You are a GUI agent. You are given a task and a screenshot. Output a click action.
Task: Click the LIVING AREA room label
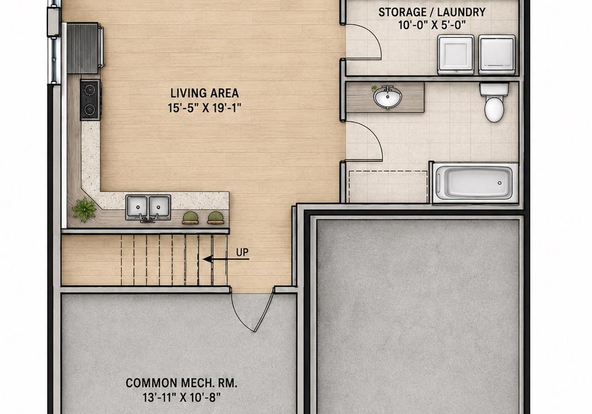click(204, 93)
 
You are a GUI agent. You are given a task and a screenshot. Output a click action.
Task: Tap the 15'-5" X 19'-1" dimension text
click(204, 108)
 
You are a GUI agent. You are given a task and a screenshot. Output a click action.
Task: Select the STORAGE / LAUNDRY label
click(432, 12)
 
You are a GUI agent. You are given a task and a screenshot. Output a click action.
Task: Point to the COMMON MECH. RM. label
click(181, 383)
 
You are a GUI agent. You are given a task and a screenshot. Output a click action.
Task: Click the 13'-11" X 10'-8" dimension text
click(181, 397)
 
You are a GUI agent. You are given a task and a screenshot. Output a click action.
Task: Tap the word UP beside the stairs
click(242, 252)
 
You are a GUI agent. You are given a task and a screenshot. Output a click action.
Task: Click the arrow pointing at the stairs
click(226, 259)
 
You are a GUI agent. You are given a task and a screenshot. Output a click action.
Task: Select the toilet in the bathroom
click(494, 102)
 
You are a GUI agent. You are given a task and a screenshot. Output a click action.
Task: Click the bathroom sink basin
click(387, 98)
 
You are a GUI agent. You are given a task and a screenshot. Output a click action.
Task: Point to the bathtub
click(475, 183)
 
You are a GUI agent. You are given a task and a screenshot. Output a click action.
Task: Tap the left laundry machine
click(456, 55)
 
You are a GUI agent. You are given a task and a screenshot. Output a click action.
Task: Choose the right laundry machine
click(497, 55)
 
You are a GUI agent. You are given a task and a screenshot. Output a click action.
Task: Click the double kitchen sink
click(148, 207)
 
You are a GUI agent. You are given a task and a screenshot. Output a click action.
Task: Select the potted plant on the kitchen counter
click(84, 209)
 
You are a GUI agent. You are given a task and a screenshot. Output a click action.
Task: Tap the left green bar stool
click(191, 218)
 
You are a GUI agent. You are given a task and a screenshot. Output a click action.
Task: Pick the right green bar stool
click(215, 218)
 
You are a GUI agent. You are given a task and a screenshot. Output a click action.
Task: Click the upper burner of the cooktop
click(89, 90)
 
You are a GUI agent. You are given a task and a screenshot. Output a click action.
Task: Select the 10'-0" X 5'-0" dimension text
click(432, 25)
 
